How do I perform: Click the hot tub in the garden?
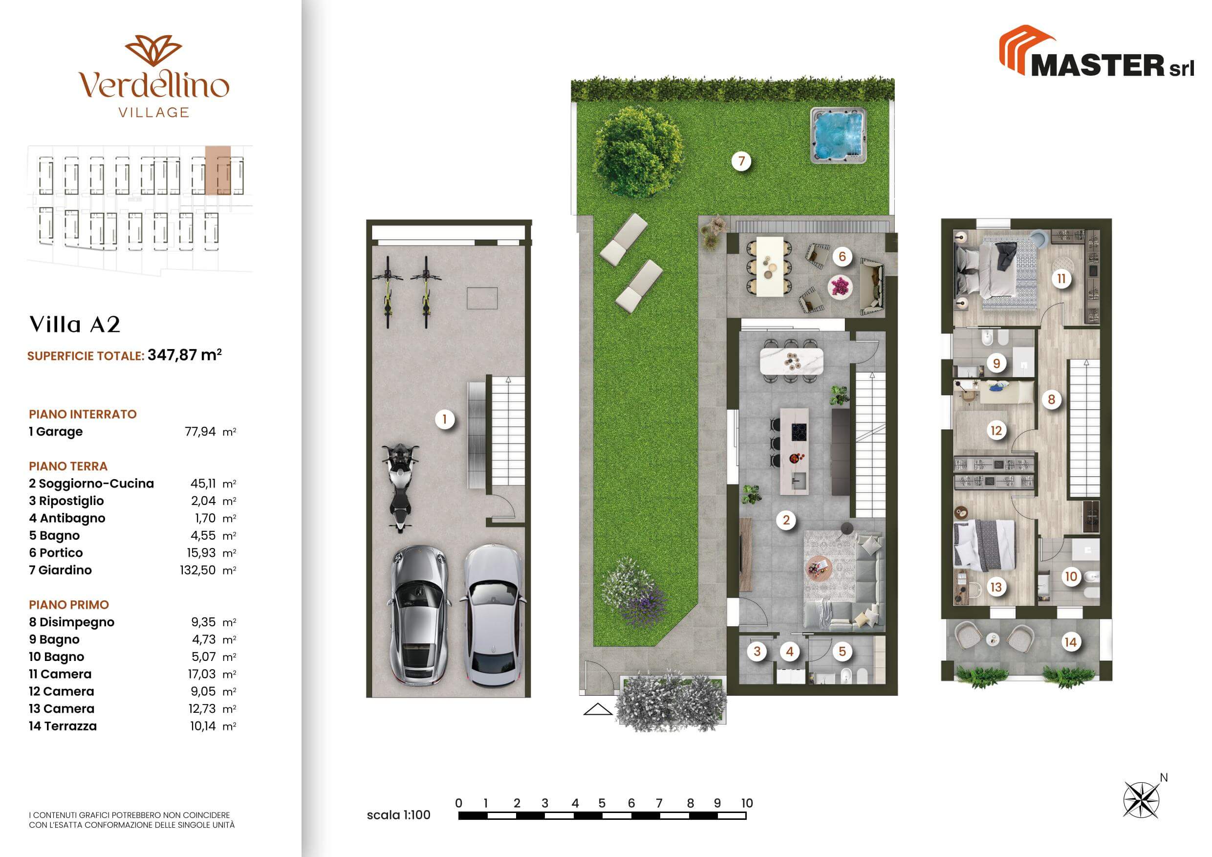click(838, 135)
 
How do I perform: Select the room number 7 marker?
click(741, 160)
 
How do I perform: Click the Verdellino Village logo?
click(153, 76)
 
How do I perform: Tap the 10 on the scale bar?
click(746, 803)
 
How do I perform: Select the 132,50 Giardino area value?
click(197, 571)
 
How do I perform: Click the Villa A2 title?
click(75, 324)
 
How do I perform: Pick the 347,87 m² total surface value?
click(184, 355)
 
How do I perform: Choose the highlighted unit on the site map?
click(217, 170)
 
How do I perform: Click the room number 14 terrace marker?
click(1070, 642)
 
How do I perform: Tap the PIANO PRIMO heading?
click(68, 605)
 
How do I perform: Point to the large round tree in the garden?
click(637, 152)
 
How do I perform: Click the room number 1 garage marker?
click(444, 419)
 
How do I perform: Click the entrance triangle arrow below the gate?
click(598, 709)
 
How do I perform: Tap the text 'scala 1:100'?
click(399, 815)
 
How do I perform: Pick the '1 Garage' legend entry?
click(56, 432)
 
